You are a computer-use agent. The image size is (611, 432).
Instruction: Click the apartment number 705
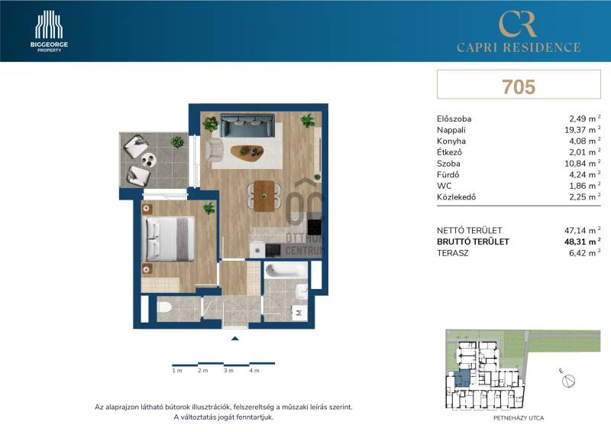click(519, 86)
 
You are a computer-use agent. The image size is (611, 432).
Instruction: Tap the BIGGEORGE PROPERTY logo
click(49, 31)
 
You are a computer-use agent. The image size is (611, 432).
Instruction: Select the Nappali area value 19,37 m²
click(582, 130)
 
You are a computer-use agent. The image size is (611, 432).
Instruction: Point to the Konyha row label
click(451, 141)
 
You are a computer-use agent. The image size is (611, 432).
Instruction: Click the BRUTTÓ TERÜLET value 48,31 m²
click(582, 242)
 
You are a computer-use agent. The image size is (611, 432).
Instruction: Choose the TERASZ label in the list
click(452, 253)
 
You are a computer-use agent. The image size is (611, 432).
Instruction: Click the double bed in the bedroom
click(170, 239)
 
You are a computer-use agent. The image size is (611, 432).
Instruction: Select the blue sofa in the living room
click(247, 125)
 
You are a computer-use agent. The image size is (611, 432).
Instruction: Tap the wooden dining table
click(264, 196)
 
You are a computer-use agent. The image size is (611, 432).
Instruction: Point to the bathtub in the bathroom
click(286, 271)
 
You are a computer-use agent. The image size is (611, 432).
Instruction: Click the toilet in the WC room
click(165, 307)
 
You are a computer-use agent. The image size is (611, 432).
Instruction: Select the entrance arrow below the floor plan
click(234, 339)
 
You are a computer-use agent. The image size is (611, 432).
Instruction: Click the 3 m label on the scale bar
click(228, 370)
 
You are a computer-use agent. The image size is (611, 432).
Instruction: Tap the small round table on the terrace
click(148, 160)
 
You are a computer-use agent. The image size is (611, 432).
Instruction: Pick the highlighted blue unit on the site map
click(462, 378)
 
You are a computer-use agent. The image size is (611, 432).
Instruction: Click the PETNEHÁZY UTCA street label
click(519, 418)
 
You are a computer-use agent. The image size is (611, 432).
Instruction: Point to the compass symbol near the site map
click(568, 381)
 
